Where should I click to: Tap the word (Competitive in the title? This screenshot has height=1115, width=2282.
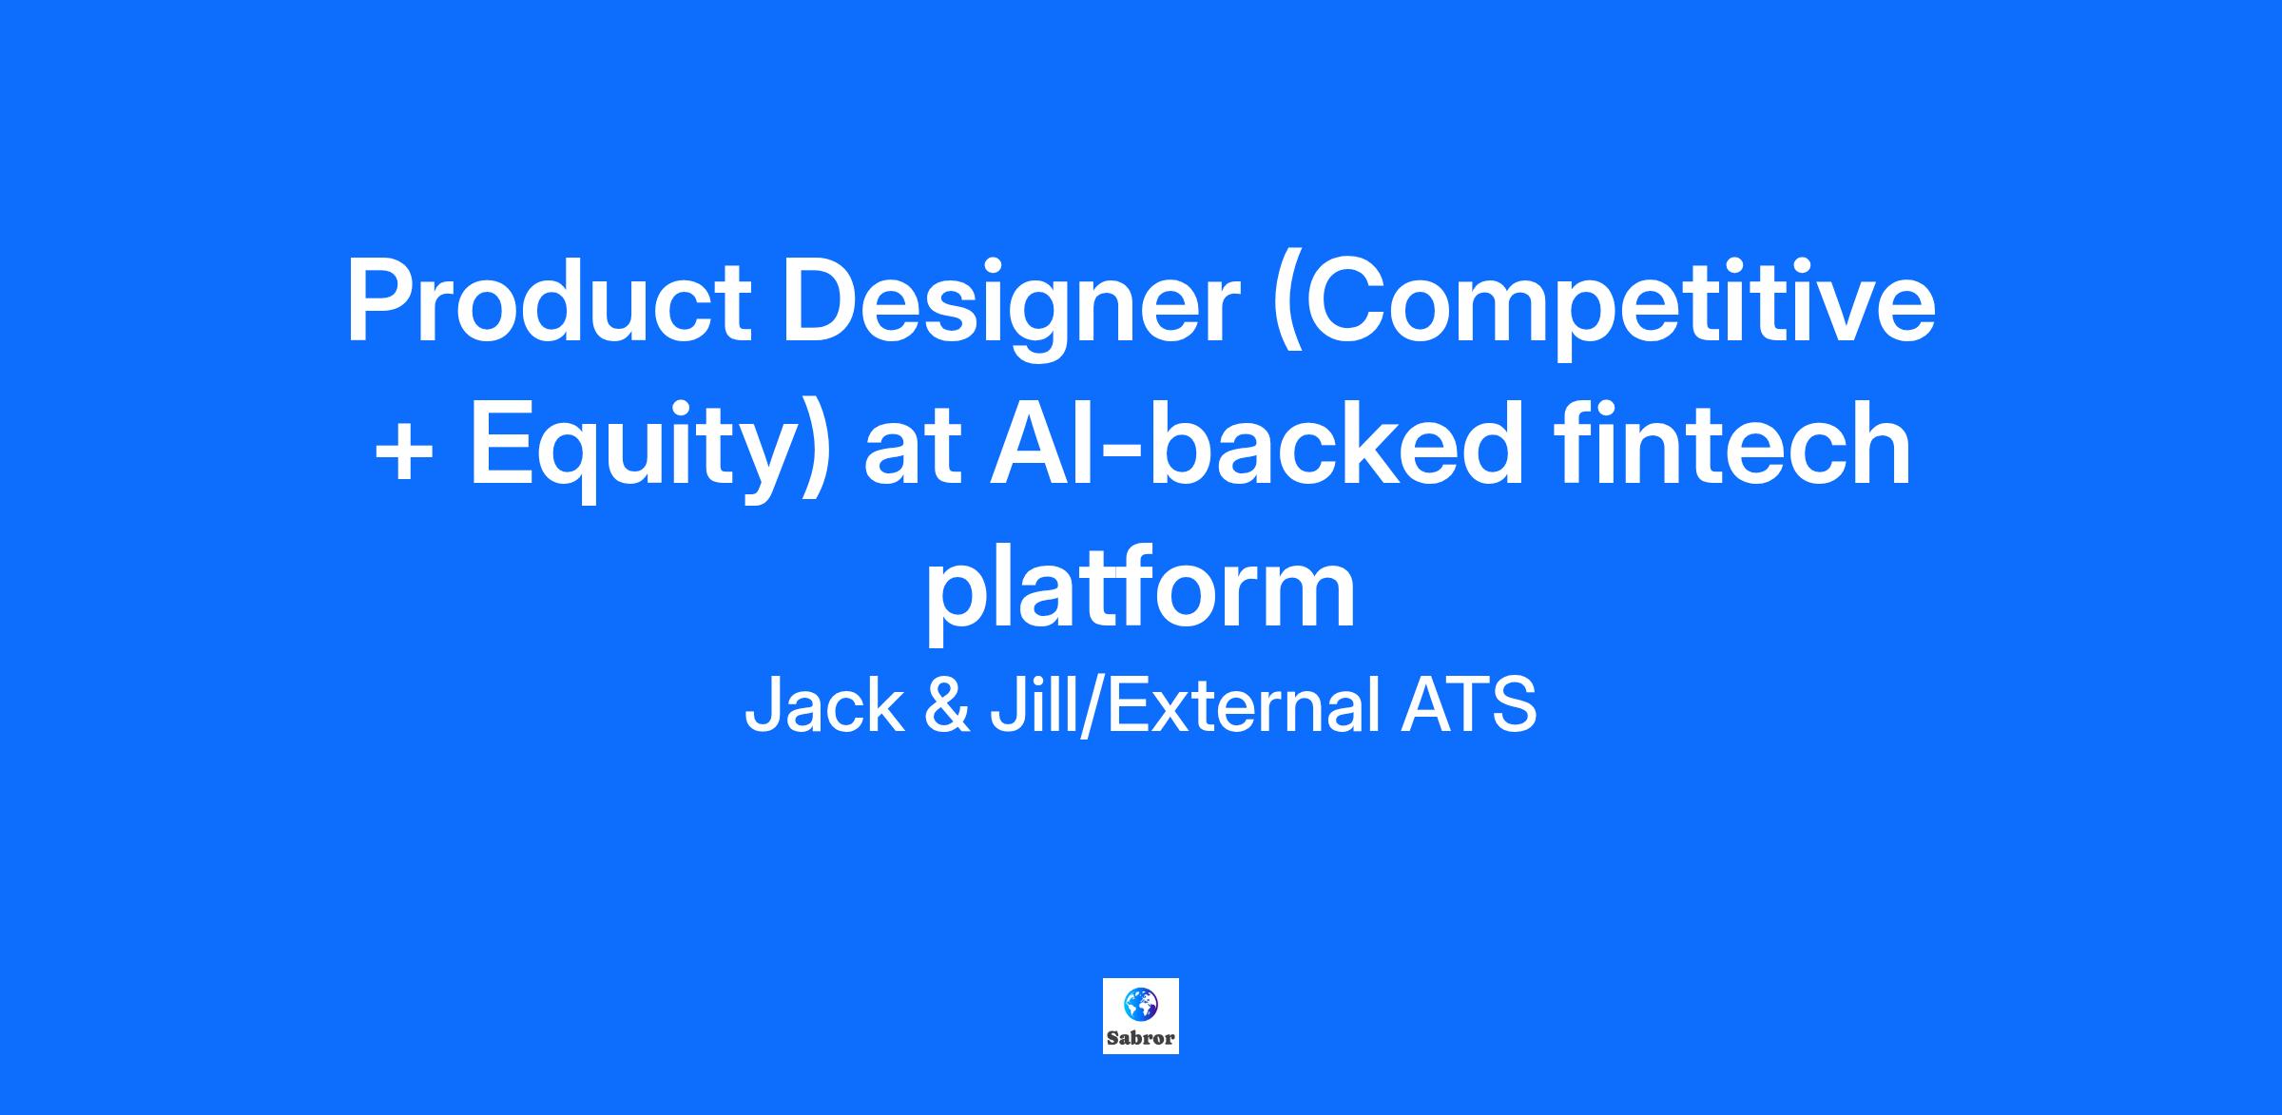pos(1604,309)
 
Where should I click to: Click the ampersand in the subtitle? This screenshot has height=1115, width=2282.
pos(947,705)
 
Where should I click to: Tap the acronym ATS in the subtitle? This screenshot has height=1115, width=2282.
pos(1468,705)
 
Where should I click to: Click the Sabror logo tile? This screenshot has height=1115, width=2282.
pos(1141,1016)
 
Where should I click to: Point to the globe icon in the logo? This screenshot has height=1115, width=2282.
pos(1141,1003)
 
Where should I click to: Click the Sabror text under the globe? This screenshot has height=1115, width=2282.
pos(1141,1038)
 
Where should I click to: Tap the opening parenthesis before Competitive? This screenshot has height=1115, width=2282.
pos(1290,309)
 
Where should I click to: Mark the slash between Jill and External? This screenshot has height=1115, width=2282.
pos(1093,705)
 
